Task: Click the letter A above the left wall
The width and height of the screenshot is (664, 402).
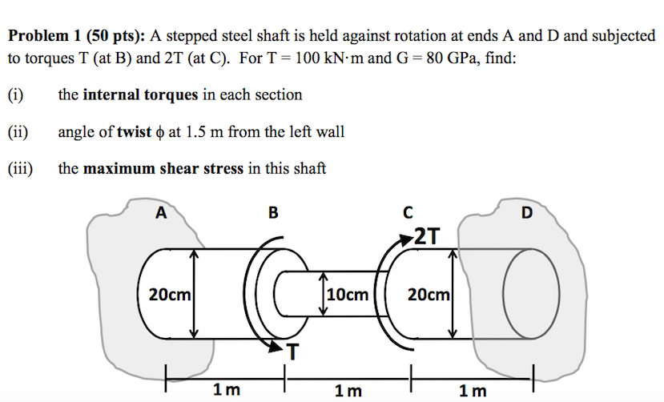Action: pyautogui.click(x=161, y=212)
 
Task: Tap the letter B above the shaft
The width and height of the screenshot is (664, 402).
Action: pyautogui.click(x=274, y=212)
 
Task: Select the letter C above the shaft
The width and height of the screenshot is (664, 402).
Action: pyautogui.click(x=408, y=212)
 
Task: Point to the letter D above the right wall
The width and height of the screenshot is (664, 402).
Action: pyautogui.click(x=526, y=212)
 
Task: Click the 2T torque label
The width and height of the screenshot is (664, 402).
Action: pyautogui.click(x=426, y=235)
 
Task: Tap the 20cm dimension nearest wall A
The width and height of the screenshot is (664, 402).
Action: pyautogui.click(x=169, y=295)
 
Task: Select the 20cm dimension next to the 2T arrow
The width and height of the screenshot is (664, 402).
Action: pyautogui.click(x=428, y=295)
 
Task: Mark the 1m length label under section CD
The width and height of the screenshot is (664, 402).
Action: pyautogui.click(x=473, y=391)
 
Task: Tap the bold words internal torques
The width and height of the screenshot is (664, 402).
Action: pyautogui.click(x=140, y=94)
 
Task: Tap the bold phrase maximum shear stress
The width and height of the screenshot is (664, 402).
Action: pyautogui.click(x=163, y=169)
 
